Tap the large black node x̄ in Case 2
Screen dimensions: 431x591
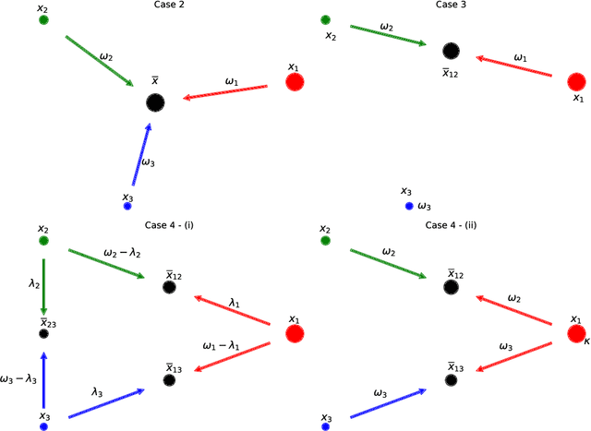[155, 102]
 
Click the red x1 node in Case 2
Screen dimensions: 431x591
[295, 83]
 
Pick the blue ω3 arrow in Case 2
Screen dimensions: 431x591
[140, 155]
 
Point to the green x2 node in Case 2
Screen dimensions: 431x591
[43, 20]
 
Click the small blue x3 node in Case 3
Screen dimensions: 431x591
[408, 206]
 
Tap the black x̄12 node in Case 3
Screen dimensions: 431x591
[451, 53]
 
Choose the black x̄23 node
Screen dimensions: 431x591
[43, 333]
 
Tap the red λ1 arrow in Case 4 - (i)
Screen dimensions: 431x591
[232, 310]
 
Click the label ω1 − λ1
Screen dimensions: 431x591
[223, 344]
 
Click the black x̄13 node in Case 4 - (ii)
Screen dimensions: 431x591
[451, 378]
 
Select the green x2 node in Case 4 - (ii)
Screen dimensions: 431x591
[325, 240]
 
